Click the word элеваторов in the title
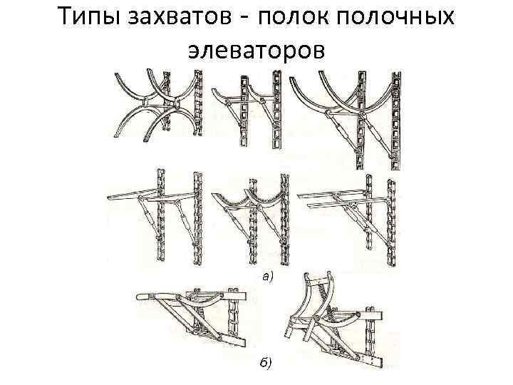pos(256,49)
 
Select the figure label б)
pos(264,364)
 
